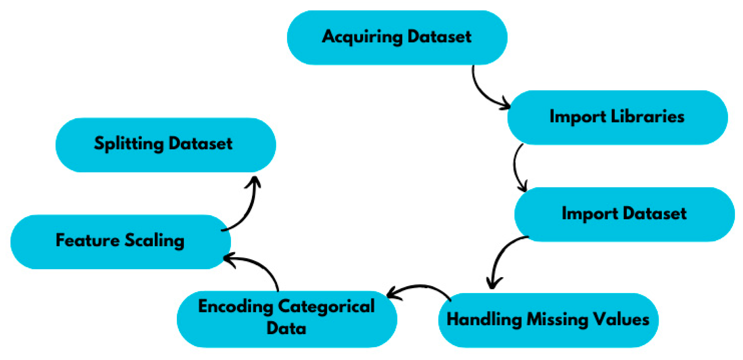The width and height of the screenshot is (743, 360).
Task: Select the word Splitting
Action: [128, 144]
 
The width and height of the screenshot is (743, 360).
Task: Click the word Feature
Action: [87, 240]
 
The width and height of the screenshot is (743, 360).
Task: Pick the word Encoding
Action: [235, 307]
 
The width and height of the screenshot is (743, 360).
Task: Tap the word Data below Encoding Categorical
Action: [286, 328]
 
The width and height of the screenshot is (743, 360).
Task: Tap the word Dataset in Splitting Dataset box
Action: [200, 144]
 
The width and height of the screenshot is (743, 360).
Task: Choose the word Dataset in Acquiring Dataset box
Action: [439, 37]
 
